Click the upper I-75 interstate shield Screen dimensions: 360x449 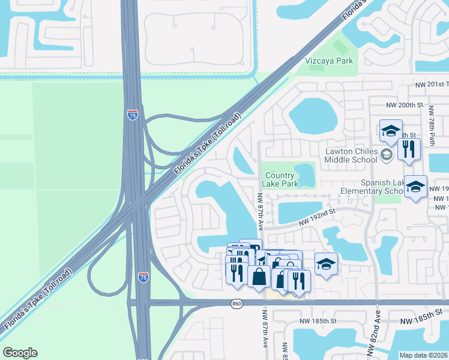coord(133,115)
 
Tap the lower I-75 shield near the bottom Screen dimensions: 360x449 coord(143,277)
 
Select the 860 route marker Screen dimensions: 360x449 coord(237,304)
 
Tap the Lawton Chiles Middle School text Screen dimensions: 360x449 coord(351,155)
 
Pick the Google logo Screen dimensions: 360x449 coord(20,353)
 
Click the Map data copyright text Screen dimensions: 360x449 coord(424,355)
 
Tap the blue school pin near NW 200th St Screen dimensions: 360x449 coord(391,131)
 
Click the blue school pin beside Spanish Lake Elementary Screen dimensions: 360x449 coord(415,187)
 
